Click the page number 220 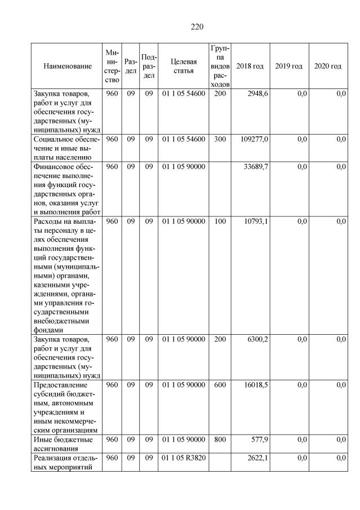(x=197, y=26)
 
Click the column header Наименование (x=67, y=66)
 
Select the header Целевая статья (x=183, y=66)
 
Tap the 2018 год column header (x=250, y=66)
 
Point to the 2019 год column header (x=288, y=66)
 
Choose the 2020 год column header (x=327, y=66)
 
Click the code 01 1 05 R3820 (x=184, y=458)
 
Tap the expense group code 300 (x=219, y=139)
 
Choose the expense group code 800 (x=219, y=439)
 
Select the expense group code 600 (x=219, y=385)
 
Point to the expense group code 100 (x=219, y=221)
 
